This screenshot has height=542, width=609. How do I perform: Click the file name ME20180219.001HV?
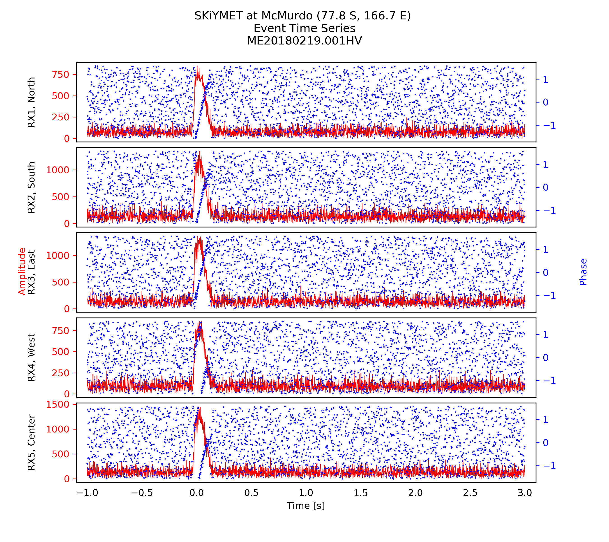click(304, 41)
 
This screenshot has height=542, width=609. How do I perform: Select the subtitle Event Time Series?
click(304, 28)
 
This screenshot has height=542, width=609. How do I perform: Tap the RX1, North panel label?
click(31, 102)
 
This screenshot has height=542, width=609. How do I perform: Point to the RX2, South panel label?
click(31, 187)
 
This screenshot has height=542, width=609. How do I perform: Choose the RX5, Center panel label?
click(31, 442)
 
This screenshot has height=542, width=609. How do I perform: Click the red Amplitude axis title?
click(22, 271)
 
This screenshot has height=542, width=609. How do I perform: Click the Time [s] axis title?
click(306, 505)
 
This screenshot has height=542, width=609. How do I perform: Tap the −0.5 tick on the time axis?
click(142, 493)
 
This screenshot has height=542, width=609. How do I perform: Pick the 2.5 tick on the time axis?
click(470, 493)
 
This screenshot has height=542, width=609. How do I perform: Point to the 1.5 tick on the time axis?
click(360, 493)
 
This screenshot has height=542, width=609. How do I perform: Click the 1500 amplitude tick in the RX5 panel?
click(58, 404)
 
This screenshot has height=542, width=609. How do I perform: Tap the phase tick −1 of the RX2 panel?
click(549, 211)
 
